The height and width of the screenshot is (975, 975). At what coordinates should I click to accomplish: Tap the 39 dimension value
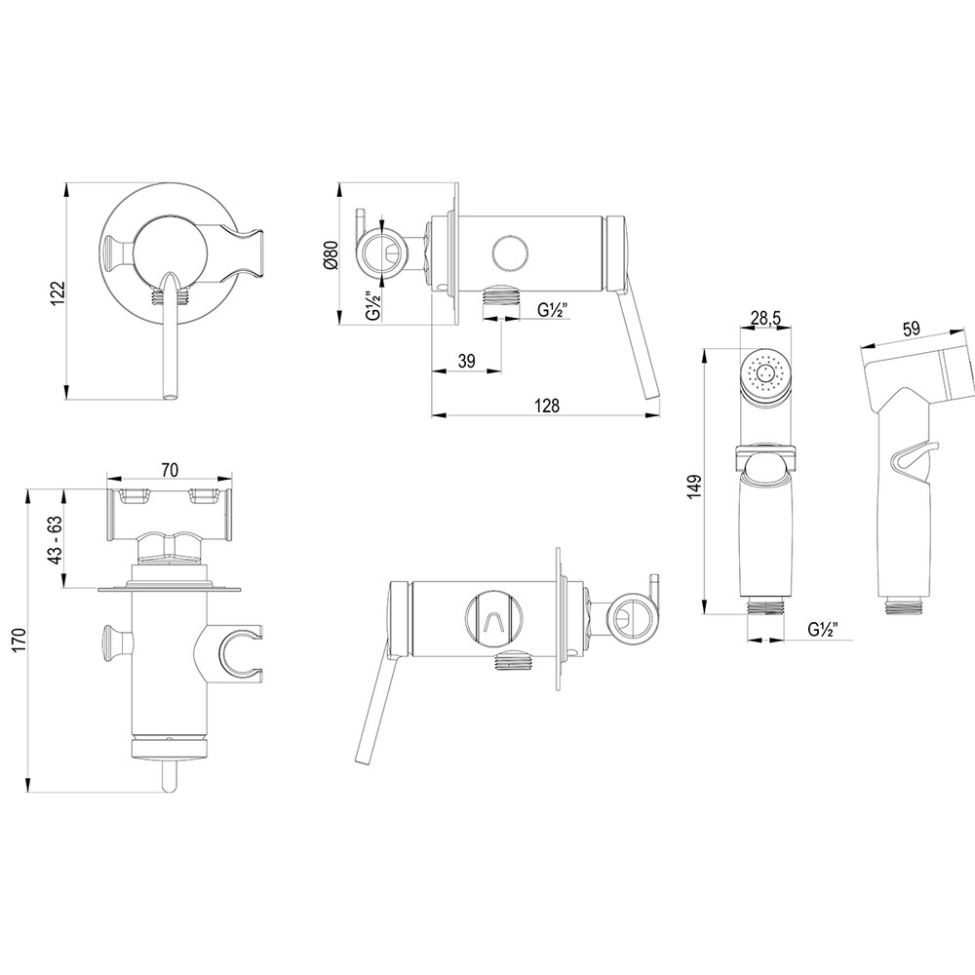click(x=466, y=361)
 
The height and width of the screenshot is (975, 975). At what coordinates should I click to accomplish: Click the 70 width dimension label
click(x=169, y=470)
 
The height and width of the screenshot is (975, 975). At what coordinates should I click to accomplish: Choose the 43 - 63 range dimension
click(x=57, y=537)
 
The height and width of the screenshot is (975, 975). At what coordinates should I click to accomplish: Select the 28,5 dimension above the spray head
click(x=765, y=318)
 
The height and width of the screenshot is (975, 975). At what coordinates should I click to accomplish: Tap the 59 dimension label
click(x=912, y=329)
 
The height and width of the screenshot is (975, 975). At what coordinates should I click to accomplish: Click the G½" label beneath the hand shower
click(x=825, y=629)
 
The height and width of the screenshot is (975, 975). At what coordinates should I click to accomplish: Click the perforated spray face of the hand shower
click(x=765, y=374)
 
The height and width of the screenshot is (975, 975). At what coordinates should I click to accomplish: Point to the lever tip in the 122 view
click(x=171, y=393)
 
